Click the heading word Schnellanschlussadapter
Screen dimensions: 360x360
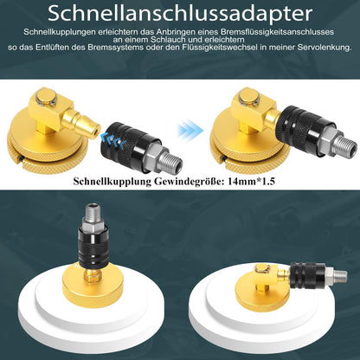179,15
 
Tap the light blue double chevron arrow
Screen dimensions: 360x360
190,130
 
